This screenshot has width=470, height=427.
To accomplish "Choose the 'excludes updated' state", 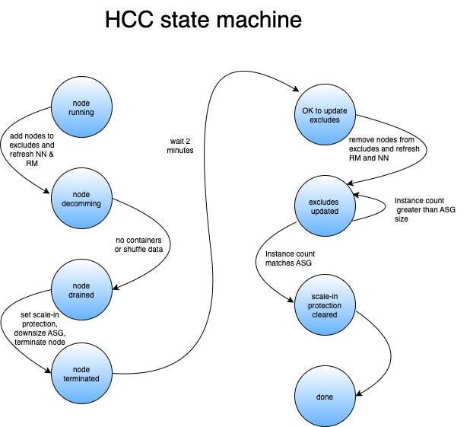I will click(325, 206).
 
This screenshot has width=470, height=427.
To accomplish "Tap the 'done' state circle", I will click(325, 396).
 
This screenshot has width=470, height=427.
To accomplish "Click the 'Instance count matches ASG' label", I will click(290, 257).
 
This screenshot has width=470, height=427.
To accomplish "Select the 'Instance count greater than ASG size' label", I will click(424, 209).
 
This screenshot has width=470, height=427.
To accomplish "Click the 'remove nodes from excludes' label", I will click(384, 145).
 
